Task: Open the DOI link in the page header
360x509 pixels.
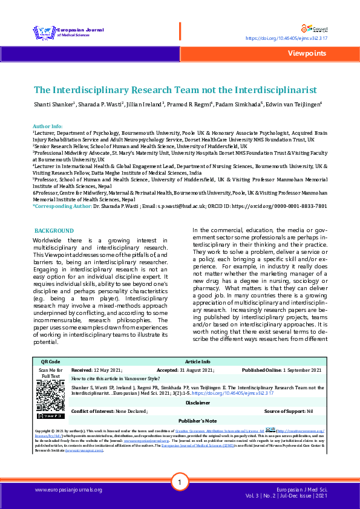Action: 286,38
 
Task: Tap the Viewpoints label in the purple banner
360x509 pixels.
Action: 307,53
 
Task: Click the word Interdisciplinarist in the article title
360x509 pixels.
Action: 272,89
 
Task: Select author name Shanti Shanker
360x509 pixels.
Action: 53,105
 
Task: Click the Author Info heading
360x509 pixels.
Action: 47,126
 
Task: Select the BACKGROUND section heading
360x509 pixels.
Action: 54,231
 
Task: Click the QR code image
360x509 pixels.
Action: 51,397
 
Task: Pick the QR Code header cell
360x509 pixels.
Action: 51,361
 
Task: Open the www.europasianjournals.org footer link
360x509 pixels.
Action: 68,489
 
